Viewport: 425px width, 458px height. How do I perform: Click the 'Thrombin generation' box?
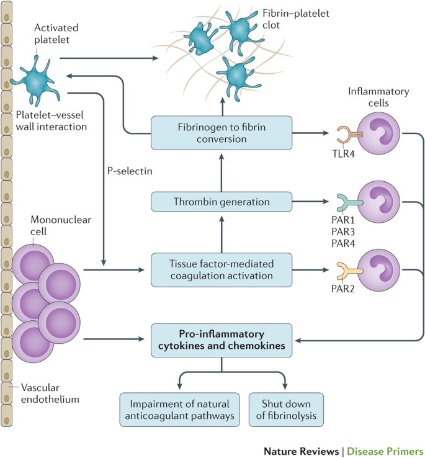221,202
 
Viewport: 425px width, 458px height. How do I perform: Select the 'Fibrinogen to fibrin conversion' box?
221,133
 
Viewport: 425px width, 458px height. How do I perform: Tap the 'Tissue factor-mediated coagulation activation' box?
221,270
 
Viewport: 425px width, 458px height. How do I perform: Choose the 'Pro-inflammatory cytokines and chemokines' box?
221,340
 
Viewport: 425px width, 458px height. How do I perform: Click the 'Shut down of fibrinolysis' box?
286,410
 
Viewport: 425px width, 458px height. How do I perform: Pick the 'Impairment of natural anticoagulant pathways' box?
180,410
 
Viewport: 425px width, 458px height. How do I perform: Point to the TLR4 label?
344,154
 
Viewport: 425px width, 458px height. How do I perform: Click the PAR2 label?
343,289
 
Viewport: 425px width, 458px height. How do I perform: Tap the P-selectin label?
130,171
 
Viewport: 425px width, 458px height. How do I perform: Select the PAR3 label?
343,231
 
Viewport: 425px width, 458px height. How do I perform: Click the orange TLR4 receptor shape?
347,135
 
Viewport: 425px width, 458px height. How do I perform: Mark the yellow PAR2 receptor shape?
347,271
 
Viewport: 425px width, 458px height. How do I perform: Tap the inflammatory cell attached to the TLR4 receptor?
379,134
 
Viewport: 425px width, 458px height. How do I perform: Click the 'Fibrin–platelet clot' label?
295,19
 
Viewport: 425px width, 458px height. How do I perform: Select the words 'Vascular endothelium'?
50,393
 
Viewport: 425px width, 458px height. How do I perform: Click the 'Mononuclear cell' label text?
61,225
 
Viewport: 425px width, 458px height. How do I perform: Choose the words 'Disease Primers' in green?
385,451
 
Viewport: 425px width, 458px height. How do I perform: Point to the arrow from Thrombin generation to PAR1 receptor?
310,201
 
